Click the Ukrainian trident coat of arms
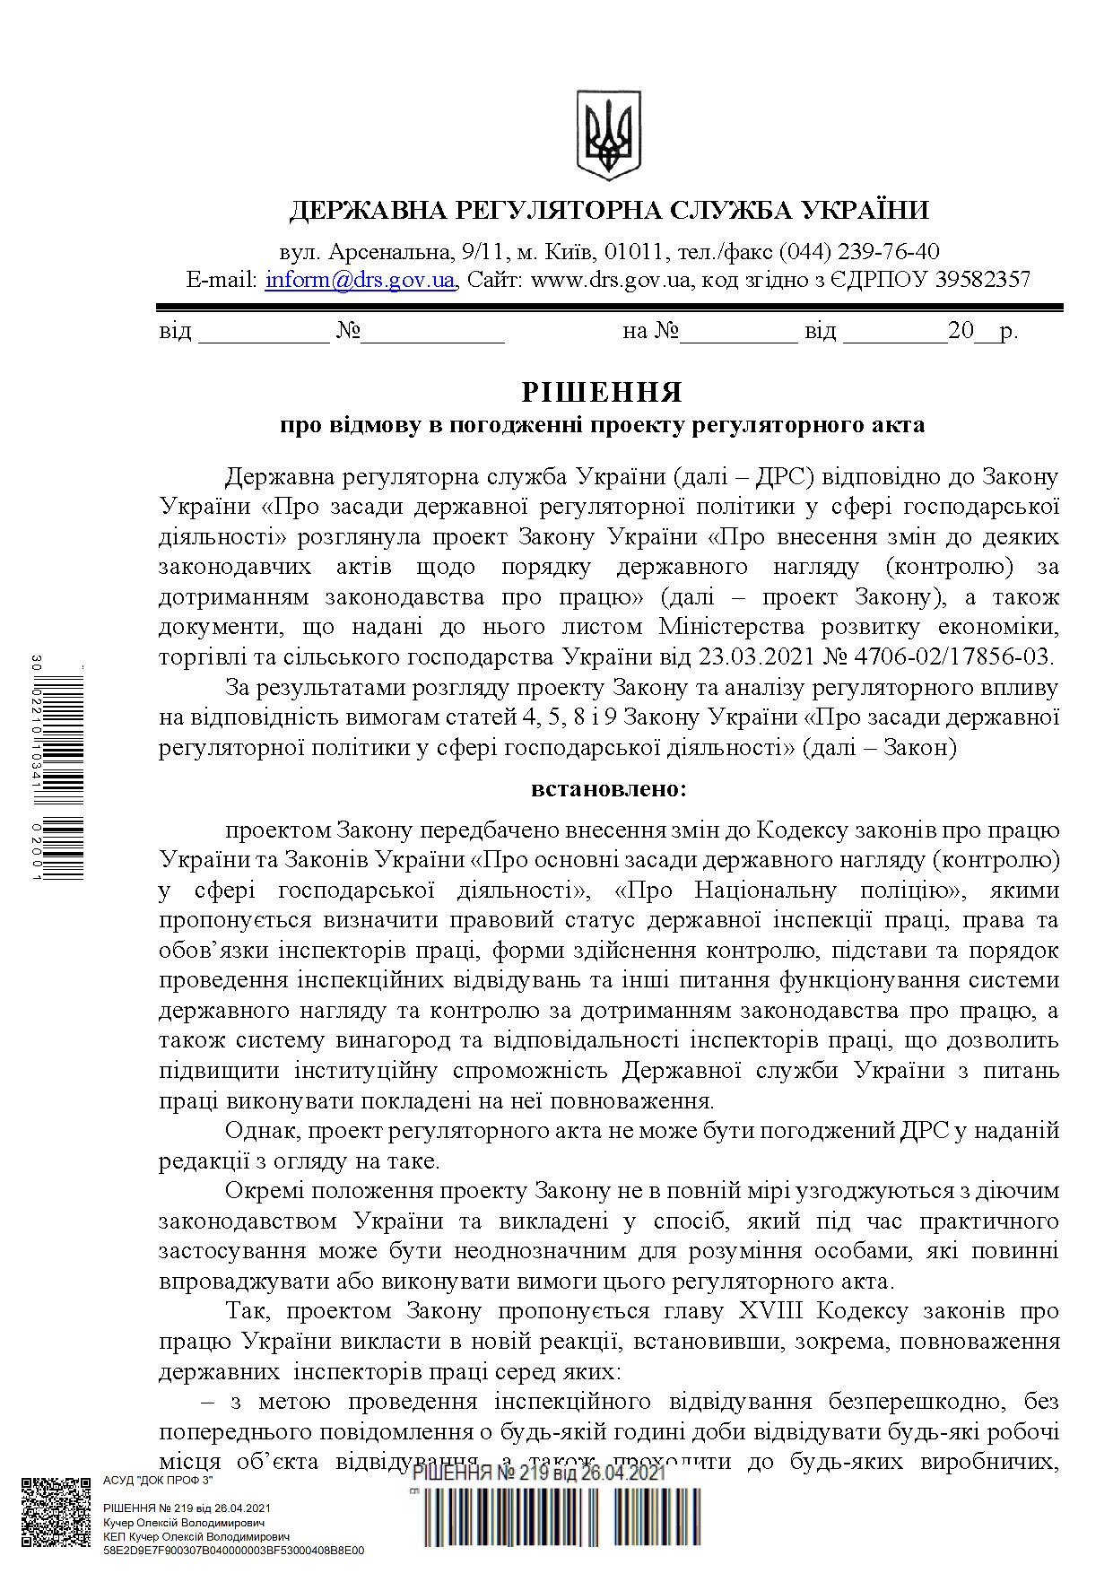point(608,135)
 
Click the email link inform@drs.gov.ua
point(360,280)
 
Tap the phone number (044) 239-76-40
point(858,251)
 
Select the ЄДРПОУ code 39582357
point(982,280)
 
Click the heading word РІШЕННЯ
point(602,392)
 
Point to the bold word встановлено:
point(609,789)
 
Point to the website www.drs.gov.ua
point(611,280)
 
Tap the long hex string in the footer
point(233,1550)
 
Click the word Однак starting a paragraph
point(261,1131)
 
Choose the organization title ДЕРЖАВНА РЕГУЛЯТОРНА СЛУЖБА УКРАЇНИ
point(609,210)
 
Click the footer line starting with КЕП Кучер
point(196,1536)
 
